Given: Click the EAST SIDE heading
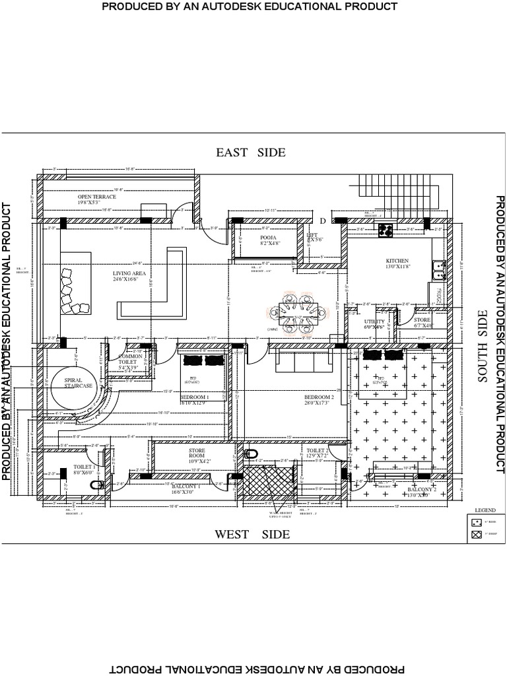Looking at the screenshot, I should [x=251, y=152].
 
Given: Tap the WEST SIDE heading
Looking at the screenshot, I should [x=252, y=534].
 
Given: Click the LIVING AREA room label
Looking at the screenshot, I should [x=129, y=273].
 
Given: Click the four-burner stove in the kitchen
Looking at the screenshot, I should [x=386, y=230].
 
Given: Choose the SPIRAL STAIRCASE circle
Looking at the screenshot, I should [x=78, y=384].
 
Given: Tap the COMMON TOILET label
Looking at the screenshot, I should [x=130, y=359].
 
